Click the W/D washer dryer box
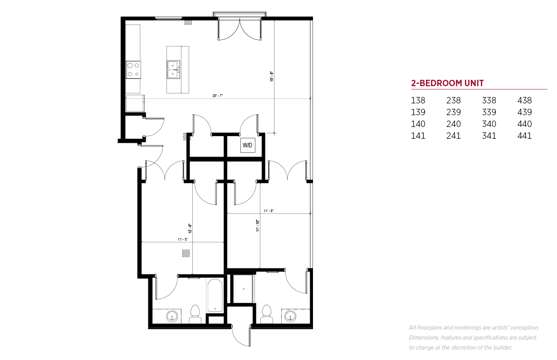point(248,145)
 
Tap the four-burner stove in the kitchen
point(133,70)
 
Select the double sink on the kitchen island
point(173,70)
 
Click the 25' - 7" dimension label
point(218,96)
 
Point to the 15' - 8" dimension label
point(272,77)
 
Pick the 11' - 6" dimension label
point(269,211)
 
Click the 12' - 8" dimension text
point(190,229)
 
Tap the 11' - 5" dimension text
point(182,239)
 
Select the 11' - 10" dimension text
point(258,225)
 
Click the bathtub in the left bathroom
point(215,295)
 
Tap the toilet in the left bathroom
point(195,315)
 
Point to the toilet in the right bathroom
point(267,314)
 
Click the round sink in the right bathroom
point(290,316)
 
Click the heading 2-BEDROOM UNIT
point(447,83)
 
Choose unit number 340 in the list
point(489,124)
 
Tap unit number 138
point(418,101)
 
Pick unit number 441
point(524,136)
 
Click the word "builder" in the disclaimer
point(502,348)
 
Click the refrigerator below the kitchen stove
point(135,103)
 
